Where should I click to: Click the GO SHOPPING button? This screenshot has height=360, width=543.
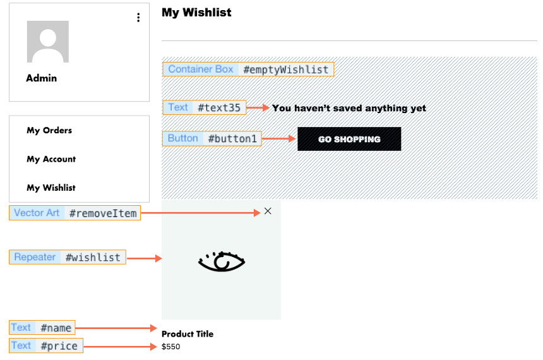[x=349, y=139]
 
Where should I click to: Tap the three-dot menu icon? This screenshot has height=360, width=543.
[x=138, y=18]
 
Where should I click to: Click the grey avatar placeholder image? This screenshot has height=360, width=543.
[x=47, y=42]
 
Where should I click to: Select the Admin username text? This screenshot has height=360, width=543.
[x=42, y=78]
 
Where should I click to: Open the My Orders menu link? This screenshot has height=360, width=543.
[x=49, y=131]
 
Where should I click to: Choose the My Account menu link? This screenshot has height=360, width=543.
[x=51, y=159]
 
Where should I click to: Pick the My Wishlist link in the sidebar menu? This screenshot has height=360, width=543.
[x=51, y=188]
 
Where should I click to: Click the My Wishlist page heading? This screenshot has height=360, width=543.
[x=196, y=13]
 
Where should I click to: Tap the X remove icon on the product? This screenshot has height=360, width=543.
[x=268, y=211]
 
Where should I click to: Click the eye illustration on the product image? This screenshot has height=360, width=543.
[x=221, y=261]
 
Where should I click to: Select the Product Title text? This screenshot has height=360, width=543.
[x=188, y=334]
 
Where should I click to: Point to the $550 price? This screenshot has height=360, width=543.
[x=171, y=347]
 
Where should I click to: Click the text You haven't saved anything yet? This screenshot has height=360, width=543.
[x=349, y=108]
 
